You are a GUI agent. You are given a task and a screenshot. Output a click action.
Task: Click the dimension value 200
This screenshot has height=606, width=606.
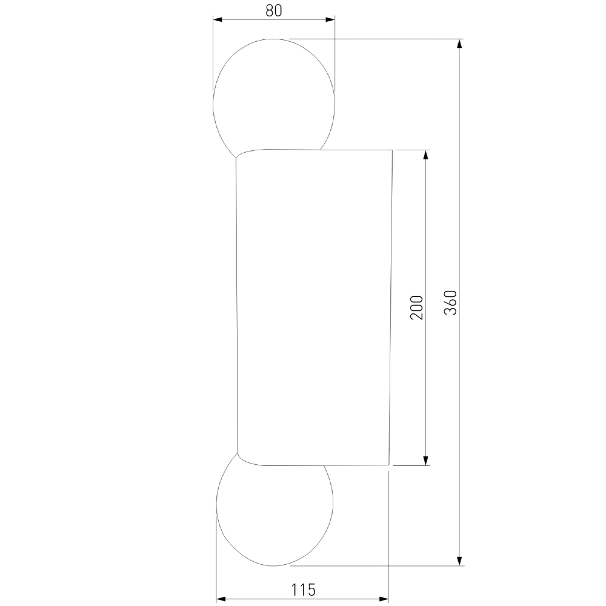click(x=416, y=308)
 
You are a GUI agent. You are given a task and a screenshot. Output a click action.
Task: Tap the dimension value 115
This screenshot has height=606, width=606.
click(x=303, y=588)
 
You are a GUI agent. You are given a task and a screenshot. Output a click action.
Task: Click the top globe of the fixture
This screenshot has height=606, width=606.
click(x=273, y=91)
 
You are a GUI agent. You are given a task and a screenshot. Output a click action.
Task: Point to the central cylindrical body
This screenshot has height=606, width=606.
click(x=313, y=308)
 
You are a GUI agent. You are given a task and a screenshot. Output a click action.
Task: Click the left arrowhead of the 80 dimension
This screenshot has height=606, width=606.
click(x=217, y=20)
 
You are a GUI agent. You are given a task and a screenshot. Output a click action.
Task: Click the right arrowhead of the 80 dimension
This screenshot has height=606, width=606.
click(x=330, y=20)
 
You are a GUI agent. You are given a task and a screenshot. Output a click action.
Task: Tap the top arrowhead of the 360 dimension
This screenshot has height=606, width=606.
click(x=460, y=44)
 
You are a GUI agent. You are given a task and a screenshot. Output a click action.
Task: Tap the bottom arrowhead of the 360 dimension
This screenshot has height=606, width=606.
click(x=460, y=561)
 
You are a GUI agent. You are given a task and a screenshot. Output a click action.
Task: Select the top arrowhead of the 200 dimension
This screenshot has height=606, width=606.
click(x=426, y=155)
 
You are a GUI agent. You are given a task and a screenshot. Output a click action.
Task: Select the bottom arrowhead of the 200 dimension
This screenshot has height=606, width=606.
click(x=426, y=461)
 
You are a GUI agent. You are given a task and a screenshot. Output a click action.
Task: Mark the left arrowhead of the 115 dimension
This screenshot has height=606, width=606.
click(x=221, y=599)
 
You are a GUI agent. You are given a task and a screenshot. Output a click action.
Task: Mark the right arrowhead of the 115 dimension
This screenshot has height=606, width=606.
click(x=384, y=599)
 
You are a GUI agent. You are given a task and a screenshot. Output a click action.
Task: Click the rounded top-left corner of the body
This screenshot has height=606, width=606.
click(x=241, y=154)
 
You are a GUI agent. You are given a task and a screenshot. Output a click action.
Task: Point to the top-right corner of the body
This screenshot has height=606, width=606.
click(x=392, y=150)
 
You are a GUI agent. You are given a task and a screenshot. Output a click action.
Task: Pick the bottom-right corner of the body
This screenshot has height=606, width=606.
click(x=388, y=465)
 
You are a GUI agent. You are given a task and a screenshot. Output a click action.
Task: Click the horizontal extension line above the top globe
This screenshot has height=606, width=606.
click(x=376, y=39)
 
